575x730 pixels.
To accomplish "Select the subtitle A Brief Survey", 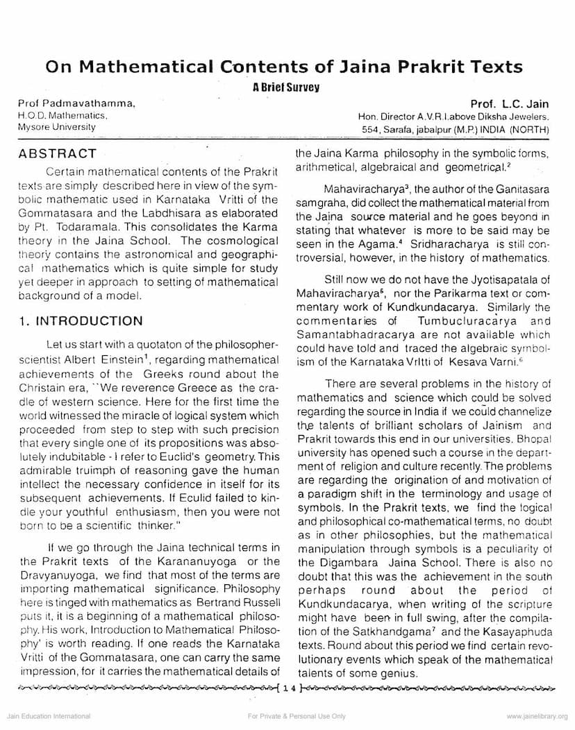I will pos(287,87).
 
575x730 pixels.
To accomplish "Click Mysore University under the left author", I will pos(57,127).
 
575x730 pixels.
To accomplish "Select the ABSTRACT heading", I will pos(58,153).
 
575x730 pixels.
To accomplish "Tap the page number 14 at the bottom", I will pos(288,688).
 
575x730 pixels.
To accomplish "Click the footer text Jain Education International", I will pos(46,716).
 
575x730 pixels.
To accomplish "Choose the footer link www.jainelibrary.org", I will pos(537,716).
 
